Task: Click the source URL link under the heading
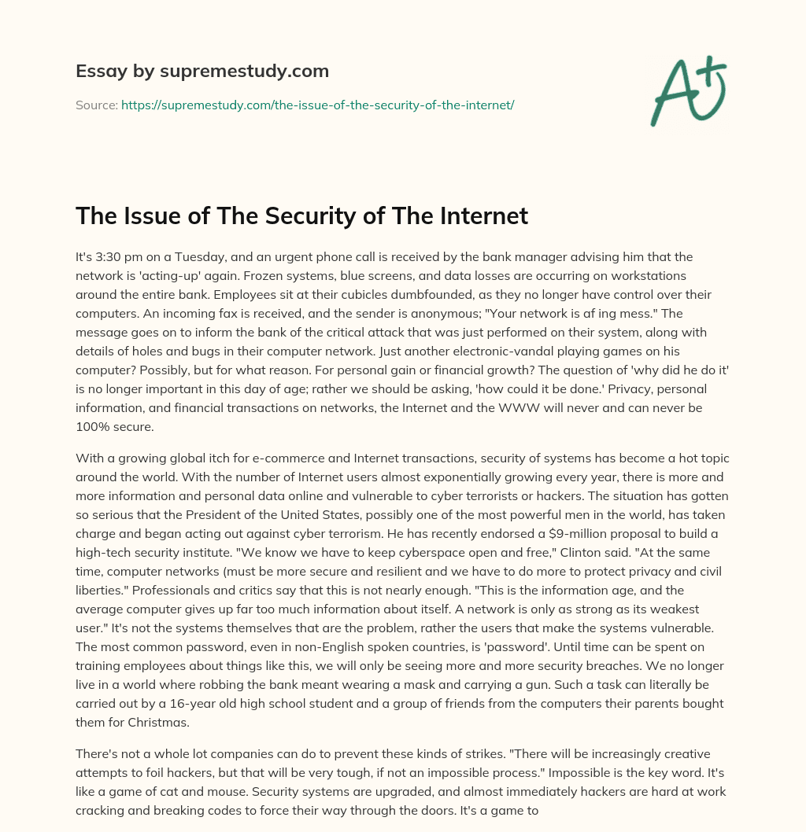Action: (317, 105)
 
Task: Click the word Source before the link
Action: (96, 105)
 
